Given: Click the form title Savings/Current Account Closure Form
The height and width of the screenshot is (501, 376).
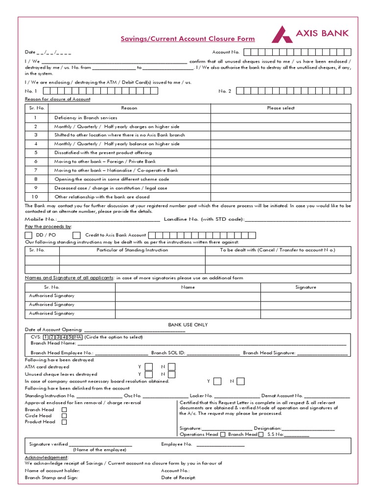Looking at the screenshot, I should (188, 39).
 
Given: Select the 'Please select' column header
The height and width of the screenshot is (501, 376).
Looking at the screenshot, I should (281, 108).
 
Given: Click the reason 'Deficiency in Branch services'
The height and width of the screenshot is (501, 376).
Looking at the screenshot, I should (86, 118).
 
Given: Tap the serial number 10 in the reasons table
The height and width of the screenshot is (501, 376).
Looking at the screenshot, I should (35, 197).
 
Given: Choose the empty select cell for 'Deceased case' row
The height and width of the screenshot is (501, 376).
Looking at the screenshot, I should (281, 188).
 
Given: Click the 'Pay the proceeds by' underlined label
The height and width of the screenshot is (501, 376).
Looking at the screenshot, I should (48, 227).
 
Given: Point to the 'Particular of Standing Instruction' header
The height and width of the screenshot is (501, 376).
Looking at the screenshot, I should (132, 250).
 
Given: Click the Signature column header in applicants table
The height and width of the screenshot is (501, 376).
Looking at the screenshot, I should (305, 287).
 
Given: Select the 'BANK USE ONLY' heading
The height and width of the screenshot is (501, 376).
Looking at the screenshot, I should (188, 325).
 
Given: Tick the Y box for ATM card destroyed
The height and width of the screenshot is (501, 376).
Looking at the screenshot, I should (149, 367).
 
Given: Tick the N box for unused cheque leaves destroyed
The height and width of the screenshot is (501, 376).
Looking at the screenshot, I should (171, 374).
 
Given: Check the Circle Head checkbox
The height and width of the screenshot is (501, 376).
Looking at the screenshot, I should (64, 416).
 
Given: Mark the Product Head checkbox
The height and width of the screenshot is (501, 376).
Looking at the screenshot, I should (64, 422).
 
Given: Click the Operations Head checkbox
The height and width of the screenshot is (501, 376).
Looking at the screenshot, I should (223, 434).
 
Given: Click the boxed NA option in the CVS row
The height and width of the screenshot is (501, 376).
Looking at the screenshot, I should (77, 337).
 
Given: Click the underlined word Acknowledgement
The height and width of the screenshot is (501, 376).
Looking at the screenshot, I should (47, 457).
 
